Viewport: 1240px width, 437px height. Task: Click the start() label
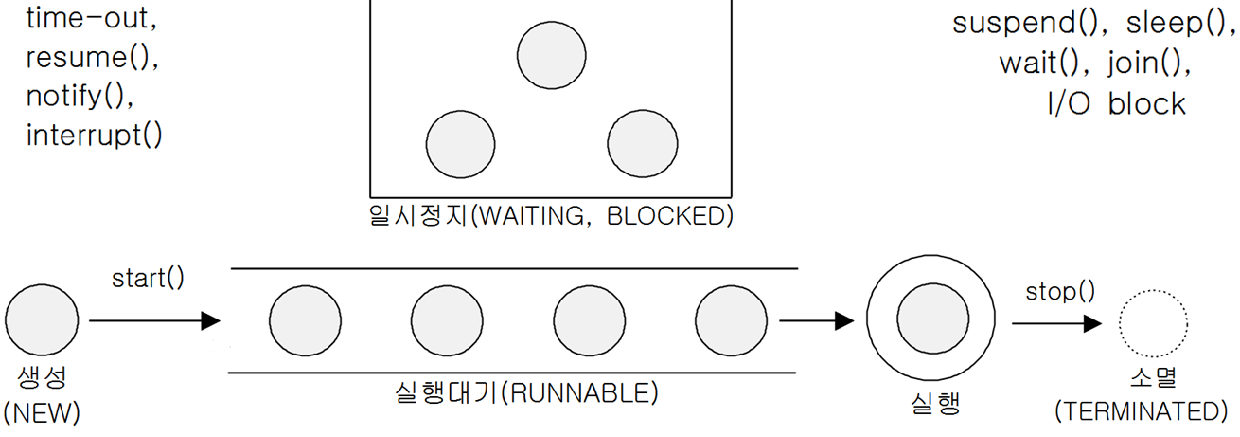pos(148,279)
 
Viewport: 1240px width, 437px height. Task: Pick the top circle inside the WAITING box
pos(552,55)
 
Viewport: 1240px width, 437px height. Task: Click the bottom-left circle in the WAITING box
pos(461,144)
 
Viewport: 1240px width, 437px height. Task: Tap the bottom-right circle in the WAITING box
pos(643,144)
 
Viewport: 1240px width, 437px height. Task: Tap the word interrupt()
pos(94,135)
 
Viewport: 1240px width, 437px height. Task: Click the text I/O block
pos(1116,102)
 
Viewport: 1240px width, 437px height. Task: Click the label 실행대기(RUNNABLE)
pos(525,392)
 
